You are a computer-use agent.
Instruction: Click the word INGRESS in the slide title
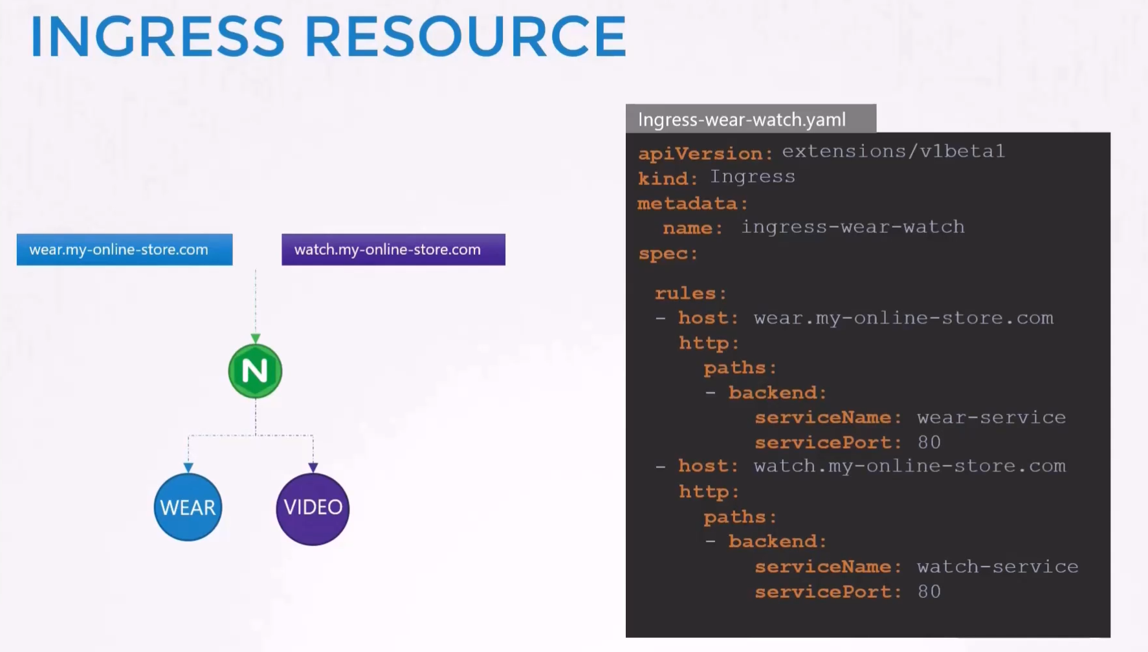157,36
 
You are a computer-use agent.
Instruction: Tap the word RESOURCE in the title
465,36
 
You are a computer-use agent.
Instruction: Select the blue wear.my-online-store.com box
124,250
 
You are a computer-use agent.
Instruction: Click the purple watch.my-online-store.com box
393,250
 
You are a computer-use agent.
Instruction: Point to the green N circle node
255,371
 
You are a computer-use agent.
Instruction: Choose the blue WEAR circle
188,507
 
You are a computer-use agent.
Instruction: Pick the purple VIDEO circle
313,508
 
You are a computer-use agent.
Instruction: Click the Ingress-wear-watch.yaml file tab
751,119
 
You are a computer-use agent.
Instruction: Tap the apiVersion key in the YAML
705,154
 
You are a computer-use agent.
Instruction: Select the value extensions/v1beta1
893,151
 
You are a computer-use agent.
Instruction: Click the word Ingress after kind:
753,177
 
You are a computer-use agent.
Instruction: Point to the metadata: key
692,204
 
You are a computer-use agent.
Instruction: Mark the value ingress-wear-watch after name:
853,227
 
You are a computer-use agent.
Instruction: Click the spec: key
668,254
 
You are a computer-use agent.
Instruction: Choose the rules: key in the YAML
690,294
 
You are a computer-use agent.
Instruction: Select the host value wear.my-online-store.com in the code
903,318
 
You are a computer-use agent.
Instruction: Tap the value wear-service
991,418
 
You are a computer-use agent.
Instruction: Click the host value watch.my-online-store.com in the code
909,466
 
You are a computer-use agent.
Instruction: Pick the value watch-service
998,567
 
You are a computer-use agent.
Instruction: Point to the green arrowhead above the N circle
256,338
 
